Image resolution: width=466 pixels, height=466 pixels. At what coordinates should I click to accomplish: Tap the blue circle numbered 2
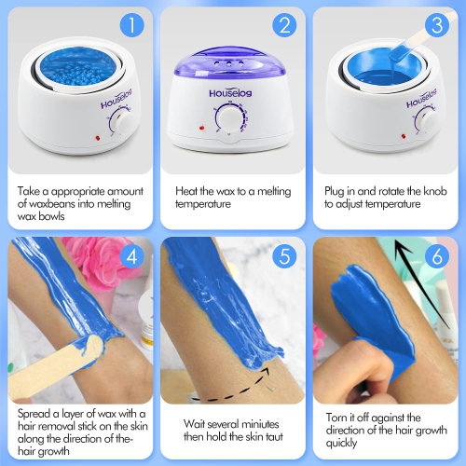(284, 26)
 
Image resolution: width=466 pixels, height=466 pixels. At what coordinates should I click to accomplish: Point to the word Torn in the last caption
(337, 418)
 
